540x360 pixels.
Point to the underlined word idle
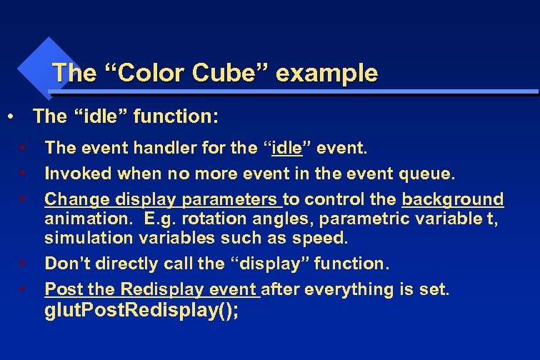coord(287,148)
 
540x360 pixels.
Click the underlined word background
coord(453,199)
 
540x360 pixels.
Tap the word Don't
coord(66,264)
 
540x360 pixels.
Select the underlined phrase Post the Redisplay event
coord(152,289)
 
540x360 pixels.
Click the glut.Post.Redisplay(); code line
coord(142,311)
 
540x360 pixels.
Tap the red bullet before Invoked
coord(23,174)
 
